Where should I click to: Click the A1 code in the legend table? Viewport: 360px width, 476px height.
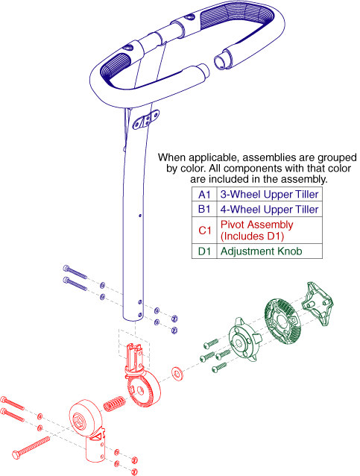204,194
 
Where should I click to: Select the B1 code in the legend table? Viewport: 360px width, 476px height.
204,209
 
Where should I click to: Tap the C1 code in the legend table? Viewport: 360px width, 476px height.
205,231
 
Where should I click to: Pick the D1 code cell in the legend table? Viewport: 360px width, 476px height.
204,251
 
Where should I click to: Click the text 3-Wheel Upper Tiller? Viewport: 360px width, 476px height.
269,194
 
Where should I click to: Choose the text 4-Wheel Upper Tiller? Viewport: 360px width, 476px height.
269,209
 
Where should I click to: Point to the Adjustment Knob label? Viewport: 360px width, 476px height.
261,251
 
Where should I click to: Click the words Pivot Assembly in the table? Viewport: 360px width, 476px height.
256,225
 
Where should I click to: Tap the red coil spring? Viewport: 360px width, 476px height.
114,404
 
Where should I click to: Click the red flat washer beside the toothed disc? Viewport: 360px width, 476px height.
177,373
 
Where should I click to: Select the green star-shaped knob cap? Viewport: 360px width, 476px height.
318,304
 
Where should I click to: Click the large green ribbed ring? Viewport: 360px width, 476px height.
282,322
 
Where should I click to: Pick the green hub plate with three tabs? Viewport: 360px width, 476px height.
244,339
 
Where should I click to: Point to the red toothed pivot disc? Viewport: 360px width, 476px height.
143,389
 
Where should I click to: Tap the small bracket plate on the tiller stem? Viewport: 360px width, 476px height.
146,119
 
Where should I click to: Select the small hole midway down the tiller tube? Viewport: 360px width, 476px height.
140,216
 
